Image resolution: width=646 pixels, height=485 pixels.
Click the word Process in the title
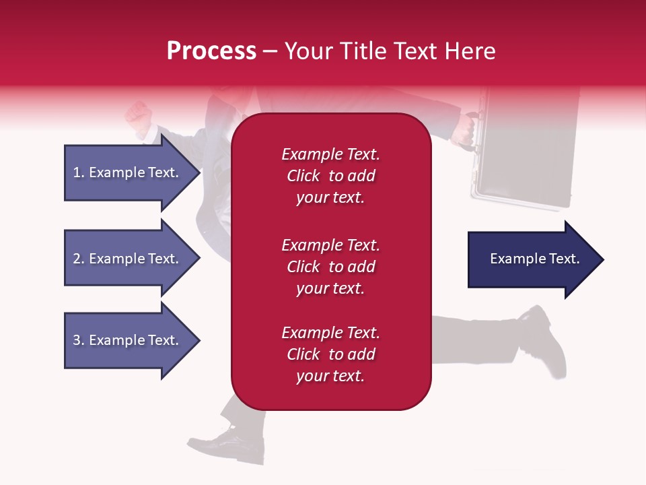tap(211, 51)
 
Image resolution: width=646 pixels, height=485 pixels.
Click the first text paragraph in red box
tap(330, 176)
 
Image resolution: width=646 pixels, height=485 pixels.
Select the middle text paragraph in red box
tap(330, 267)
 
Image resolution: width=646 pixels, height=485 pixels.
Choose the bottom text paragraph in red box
tap(330, 354)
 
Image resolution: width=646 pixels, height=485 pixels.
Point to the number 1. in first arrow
tap(78, 172)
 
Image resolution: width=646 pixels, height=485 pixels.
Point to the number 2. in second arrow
tap(78, 259)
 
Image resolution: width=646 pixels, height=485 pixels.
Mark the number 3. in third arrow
tap(78, 340)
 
